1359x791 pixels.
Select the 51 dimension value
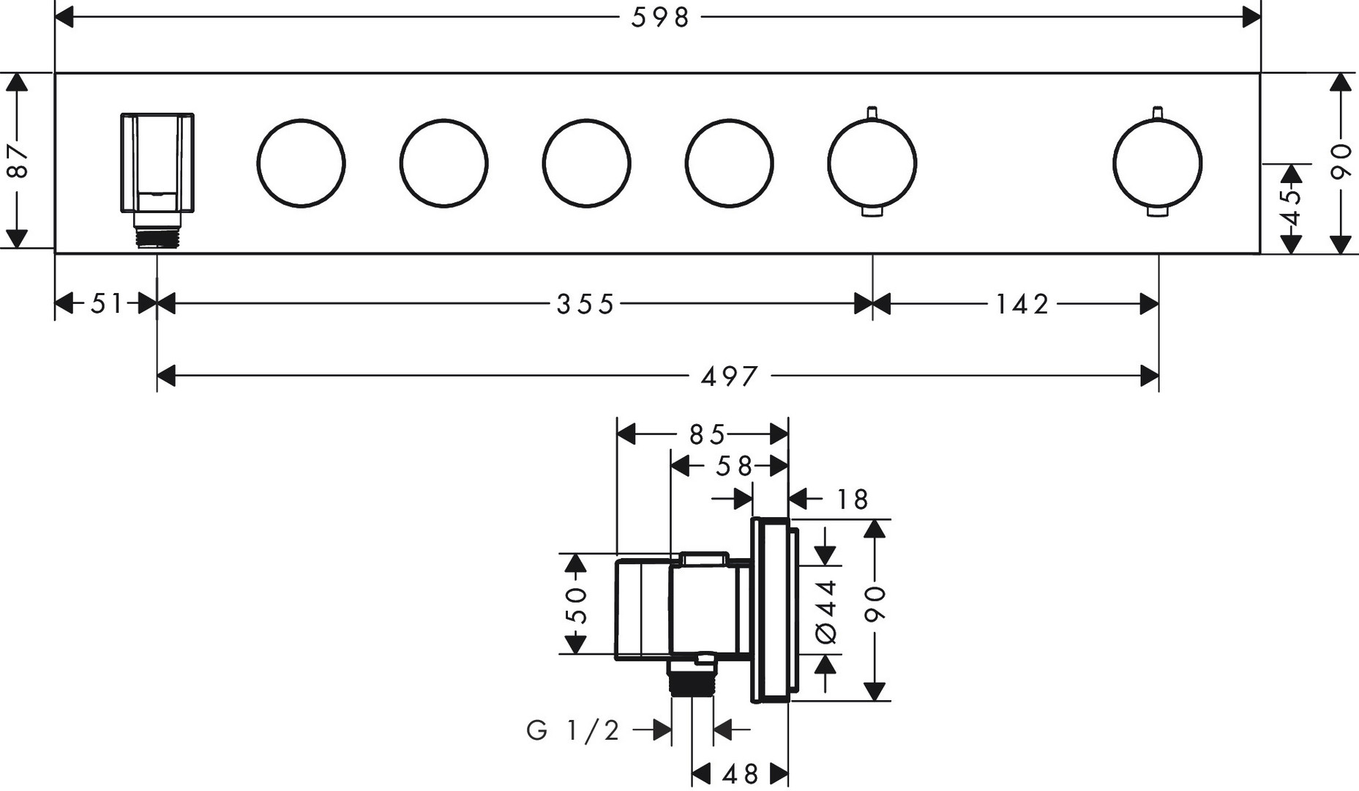[106, 303]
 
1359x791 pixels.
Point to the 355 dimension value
[585, 303]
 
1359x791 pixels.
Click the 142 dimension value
[1022, 303]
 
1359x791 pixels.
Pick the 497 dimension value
[730, 376]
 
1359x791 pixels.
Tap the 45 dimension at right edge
[1292, 208]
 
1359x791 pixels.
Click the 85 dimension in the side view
[706, 435]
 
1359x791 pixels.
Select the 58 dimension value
[733, 466]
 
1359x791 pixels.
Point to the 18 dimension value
[852, 500]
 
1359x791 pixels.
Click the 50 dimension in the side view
[577, 604]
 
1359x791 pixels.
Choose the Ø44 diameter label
[826, 612]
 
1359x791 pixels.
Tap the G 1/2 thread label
[573, 729]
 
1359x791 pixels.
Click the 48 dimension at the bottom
[740, 774]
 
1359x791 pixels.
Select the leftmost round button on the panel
[301, 163]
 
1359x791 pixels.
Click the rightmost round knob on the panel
[1157, 163]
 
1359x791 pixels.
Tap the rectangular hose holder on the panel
[157, 163]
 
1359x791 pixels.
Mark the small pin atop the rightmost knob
[1157, 111]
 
